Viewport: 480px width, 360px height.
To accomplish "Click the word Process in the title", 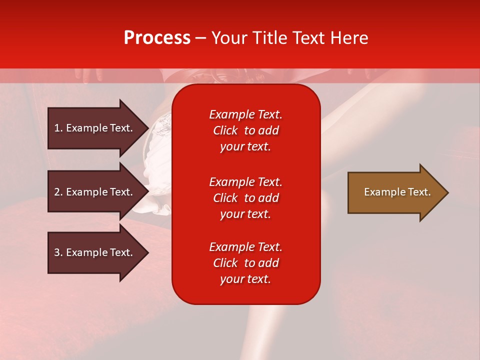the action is [157, 38].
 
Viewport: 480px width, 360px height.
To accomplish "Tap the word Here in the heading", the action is [349, 38].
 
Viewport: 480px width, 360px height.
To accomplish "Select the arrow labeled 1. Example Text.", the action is [98, 128].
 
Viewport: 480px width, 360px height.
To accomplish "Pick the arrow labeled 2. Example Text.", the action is [98, 191].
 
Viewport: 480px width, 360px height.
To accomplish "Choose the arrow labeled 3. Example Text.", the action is [98, 252].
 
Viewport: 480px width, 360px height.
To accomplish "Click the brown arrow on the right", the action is [398, 192].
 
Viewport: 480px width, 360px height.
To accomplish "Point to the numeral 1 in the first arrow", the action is [57, 128].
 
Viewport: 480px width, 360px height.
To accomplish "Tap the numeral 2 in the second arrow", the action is [57, 192].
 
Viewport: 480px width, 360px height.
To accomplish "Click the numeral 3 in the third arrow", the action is [57, 252].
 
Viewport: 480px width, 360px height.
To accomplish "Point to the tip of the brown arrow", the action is [449, 192].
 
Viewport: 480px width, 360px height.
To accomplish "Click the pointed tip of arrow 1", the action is [149, 128].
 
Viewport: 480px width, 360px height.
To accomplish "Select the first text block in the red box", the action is [246, 130].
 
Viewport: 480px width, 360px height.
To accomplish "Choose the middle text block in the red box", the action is [246, 198].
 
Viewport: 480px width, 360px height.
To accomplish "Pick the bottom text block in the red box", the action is [246, 263].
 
